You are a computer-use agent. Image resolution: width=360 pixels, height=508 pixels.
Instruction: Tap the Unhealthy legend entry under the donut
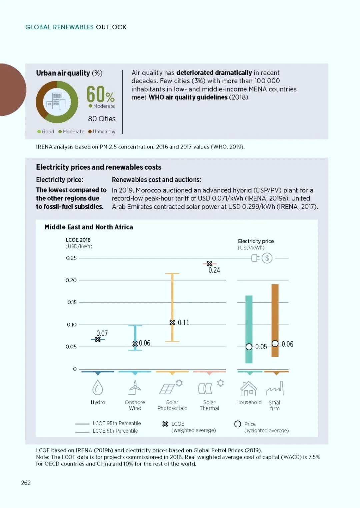102,132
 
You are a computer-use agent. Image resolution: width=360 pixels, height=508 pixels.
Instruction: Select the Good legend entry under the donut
46,132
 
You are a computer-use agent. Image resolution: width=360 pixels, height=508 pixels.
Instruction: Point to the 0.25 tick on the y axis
71,258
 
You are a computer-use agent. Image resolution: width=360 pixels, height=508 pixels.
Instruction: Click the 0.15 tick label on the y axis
72,302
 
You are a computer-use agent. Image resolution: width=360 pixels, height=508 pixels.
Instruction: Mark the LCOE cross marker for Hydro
98,339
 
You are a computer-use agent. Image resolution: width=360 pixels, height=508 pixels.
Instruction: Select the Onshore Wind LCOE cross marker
135,344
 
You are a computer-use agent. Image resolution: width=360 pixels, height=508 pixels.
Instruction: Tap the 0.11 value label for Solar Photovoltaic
183,322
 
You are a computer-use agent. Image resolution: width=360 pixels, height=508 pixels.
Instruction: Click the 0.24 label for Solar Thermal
214,270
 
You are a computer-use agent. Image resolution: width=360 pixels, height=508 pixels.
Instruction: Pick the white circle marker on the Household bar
249,347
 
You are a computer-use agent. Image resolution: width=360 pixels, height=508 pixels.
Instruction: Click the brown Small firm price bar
275,320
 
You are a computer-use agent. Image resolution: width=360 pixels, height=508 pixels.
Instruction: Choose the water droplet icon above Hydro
98,388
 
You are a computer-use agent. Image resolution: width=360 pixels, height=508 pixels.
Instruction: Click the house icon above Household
249,388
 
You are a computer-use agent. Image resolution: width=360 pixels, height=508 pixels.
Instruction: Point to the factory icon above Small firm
275,388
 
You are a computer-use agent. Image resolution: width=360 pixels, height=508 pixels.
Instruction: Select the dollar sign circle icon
267,258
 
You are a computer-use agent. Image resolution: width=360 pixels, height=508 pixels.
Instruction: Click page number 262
26,483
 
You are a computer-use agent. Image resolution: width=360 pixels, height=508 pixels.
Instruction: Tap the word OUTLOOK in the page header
111,27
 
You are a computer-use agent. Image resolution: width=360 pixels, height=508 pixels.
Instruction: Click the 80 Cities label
102,119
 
